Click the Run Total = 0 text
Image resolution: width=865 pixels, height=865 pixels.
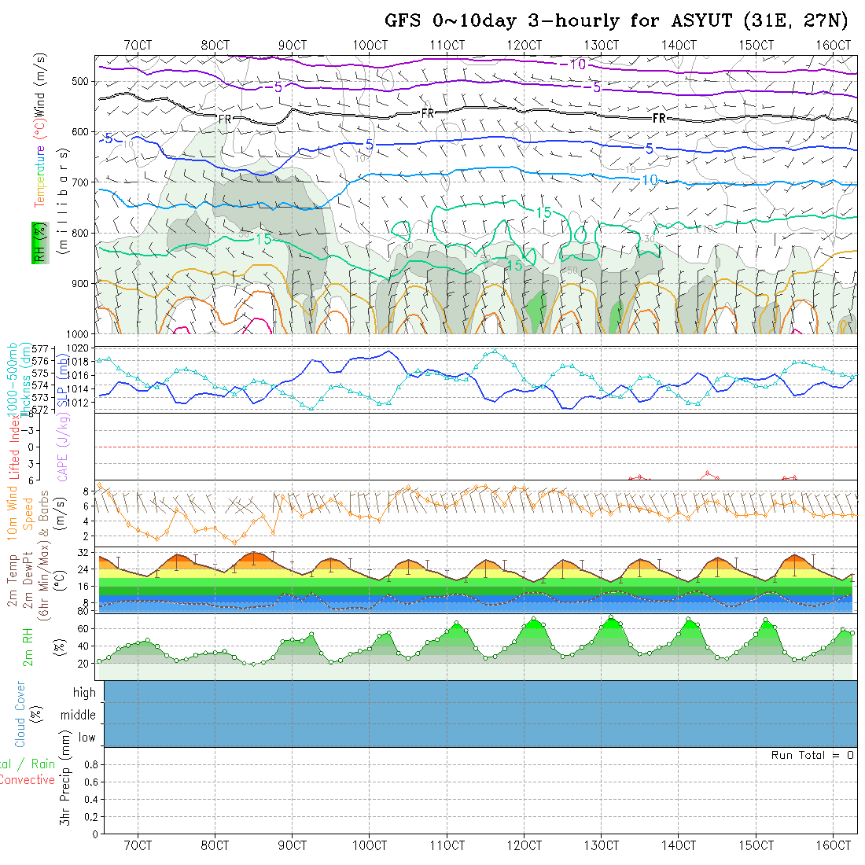tap(812, 755)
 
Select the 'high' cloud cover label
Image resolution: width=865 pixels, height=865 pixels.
tap(84, 693)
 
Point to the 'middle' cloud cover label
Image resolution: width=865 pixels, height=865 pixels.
tap(79, 716)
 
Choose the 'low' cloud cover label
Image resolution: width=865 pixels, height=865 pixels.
tap(86, 738)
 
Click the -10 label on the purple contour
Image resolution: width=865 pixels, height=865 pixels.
tap(576, 64)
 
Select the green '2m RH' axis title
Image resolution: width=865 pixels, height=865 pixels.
tap(28, 647)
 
